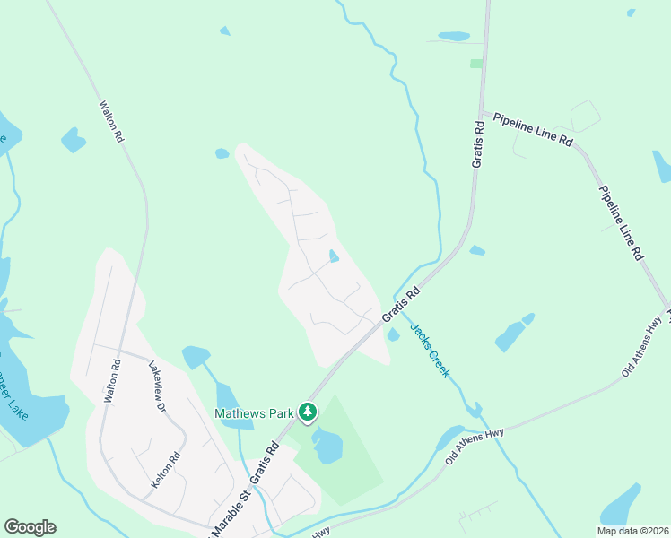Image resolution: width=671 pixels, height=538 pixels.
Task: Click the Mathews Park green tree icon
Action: (308, 412)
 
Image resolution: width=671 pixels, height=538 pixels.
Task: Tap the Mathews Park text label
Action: (254, 413)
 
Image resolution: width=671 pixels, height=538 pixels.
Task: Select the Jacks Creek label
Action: (430, 349)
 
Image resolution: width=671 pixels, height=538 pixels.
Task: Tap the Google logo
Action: (30, 527)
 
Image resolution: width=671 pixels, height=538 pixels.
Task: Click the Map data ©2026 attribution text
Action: (632, 531)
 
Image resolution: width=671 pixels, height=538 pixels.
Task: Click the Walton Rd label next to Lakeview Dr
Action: (113, 380)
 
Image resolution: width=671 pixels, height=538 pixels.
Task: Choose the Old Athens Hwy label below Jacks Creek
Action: (475, 447)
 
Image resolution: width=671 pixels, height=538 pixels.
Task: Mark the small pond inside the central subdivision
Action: (334, 256)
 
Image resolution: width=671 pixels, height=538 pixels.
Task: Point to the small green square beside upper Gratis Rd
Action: (475, 64)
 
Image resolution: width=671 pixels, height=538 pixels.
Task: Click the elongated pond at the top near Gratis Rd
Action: (453, 37)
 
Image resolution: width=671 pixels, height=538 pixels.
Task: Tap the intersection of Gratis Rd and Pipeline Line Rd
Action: (483, 113)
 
